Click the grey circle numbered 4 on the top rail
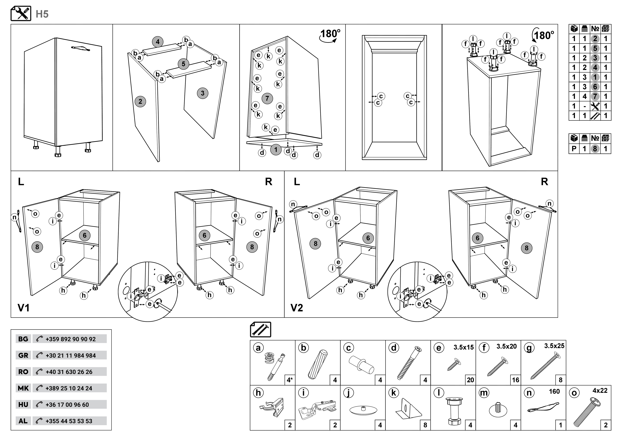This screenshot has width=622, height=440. (158, 42)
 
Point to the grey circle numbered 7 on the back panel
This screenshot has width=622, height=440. (267, 98)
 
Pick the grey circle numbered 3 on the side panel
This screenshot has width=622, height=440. (203, 93)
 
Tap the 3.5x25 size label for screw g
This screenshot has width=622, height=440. (554, 346)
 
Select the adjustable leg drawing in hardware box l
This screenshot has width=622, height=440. (453, 411)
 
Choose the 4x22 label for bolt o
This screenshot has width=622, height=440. (600, 391)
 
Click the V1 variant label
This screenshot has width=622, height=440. (24, 308)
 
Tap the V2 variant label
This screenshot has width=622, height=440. (297, 308)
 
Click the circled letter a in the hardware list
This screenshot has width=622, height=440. (258, 348)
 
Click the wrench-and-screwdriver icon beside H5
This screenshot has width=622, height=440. (21, 14)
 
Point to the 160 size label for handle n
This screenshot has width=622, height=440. (554, 391)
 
